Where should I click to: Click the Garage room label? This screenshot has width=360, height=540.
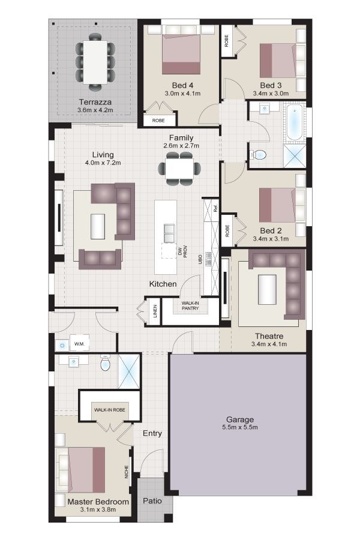point(240,419)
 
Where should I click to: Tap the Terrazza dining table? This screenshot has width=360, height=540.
point(95,62)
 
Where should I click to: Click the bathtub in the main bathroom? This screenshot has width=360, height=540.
point(295,123)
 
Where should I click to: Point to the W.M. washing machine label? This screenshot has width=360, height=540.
point(79,344)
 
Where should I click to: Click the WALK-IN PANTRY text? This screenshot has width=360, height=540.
point(190,306)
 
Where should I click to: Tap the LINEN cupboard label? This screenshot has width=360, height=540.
point(155,311)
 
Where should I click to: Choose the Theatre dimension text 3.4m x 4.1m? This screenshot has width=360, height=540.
point(269,344)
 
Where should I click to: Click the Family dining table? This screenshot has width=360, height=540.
point(179,169)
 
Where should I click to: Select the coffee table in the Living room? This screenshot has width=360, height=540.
point(97,226)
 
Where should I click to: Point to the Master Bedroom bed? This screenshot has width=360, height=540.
point(82,470)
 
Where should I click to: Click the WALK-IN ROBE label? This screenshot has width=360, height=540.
point(110,410)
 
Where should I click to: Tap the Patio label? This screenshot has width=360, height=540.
point(152,501)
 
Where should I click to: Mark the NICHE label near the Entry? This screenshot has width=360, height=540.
point(127,472)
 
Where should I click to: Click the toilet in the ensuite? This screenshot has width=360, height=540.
point(105,363)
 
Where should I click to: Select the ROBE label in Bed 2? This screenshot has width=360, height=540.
point(227,231)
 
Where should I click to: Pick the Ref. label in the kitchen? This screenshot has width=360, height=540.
point(215,208)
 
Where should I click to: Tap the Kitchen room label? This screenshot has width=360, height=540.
point(163,284)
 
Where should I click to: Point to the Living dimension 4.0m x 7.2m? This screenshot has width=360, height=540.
point(103,163)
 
